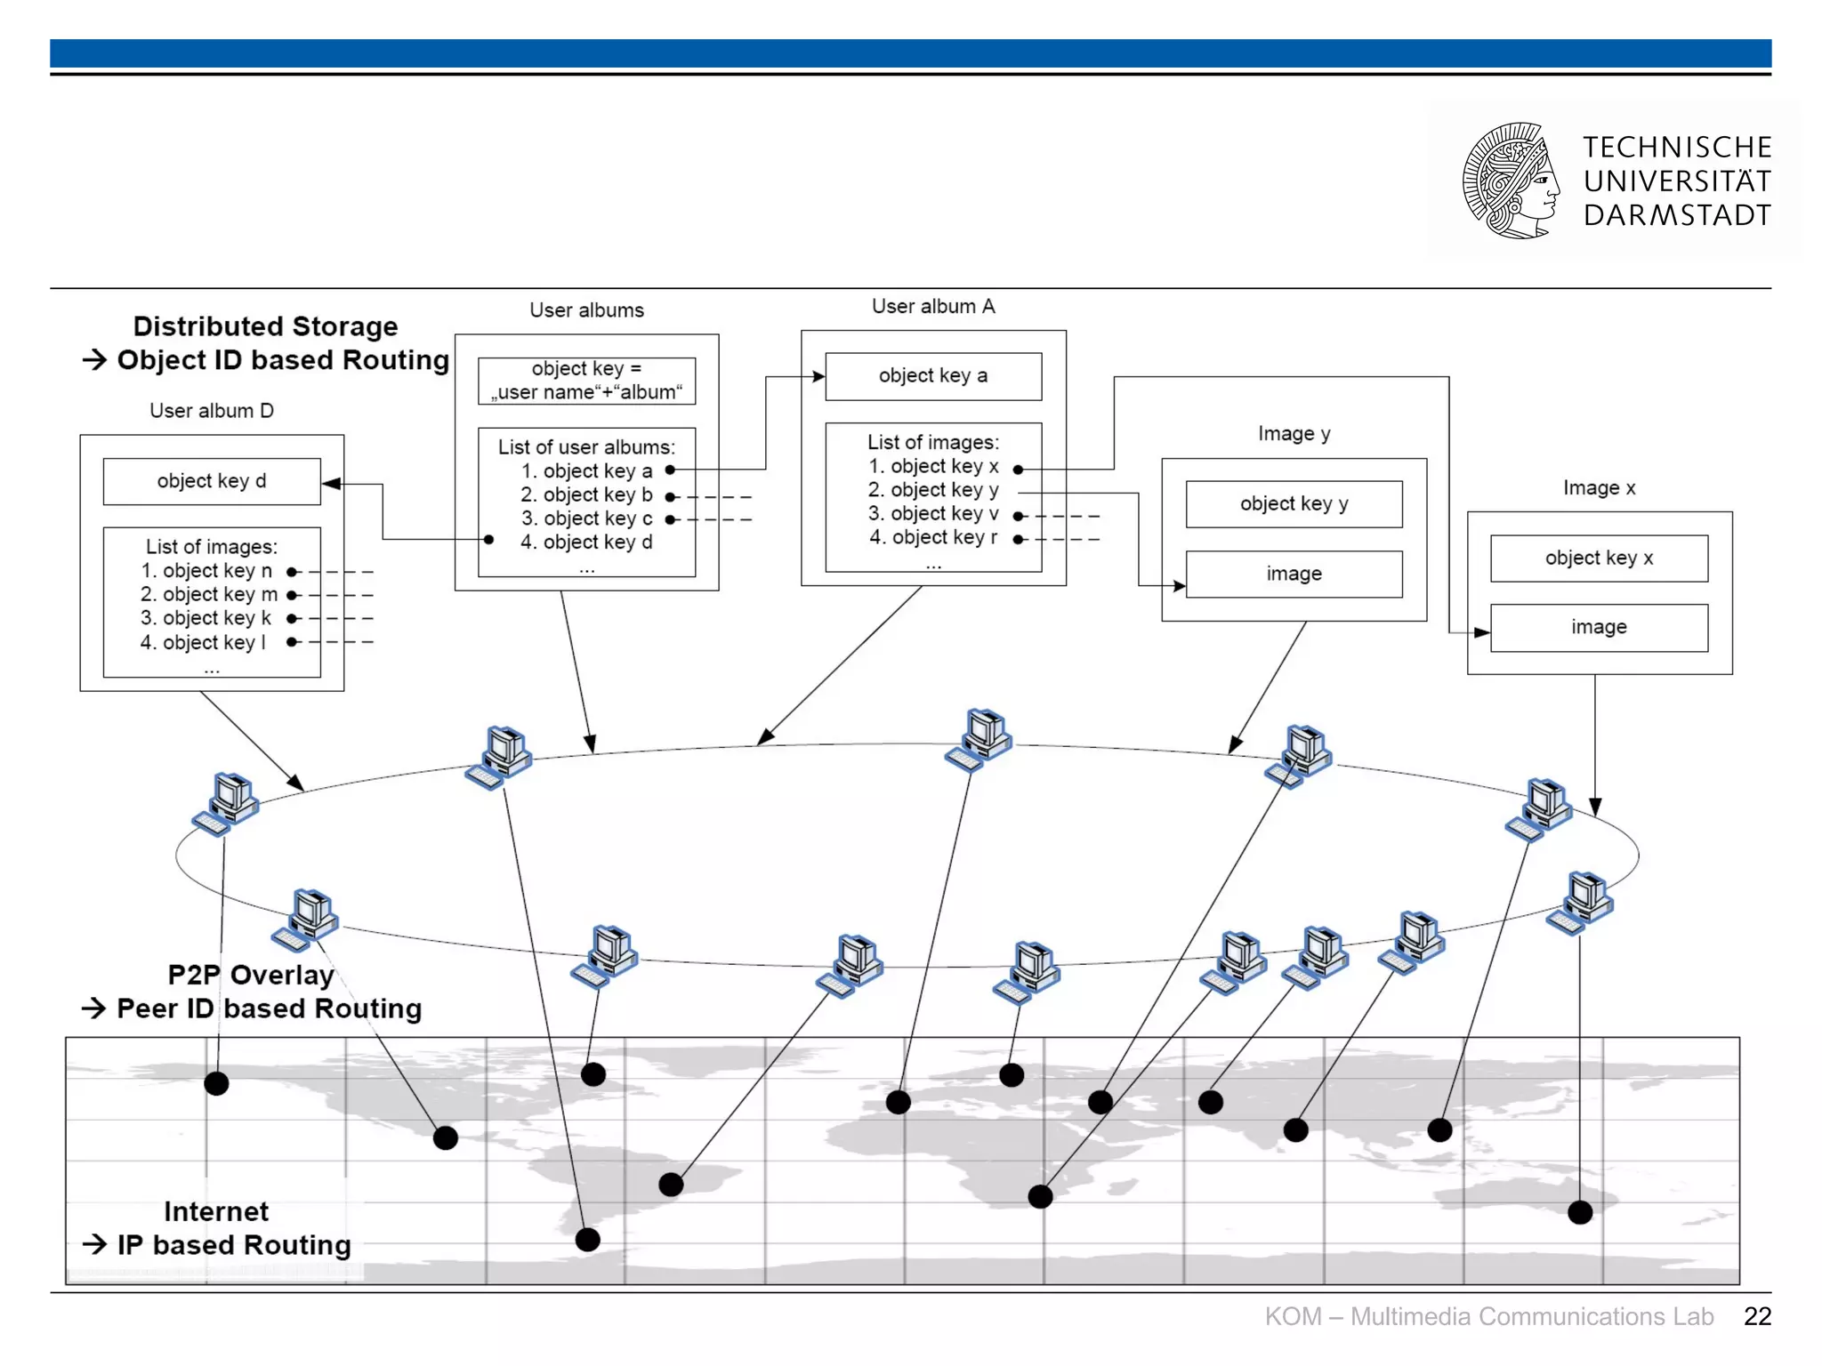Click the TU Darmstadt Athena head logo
tap(1510, 181)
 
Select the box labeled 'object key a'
tap(932, 376)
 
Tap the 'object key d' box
tap(212, 481)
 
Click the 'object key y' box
tap(1294, 504)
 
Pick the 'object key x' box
tap(1599, 558)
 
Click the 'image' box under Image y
tap(1294, 575)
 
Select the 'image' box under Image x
tap(1599, 628)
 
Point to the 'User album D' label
tap(212, 411)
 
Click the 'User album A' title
tap(932, 307)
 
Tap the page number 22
tap(1757, 1316)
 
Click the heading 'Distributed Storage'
tap(265, 326)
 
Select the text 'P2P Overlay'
tap(251, 975)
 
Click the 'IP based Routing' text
tap(234, 1245)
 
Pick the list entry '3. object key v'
tap(933, 514)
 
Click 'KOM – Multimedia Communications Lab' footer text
tap(1488, 1316)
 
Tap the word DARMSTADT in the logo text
tap(1677, 215)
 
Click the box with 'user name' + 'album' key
tap(586, 381)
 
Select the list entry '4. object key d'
tap(586, 542)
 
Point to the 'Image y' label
tap(1294, 434)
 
